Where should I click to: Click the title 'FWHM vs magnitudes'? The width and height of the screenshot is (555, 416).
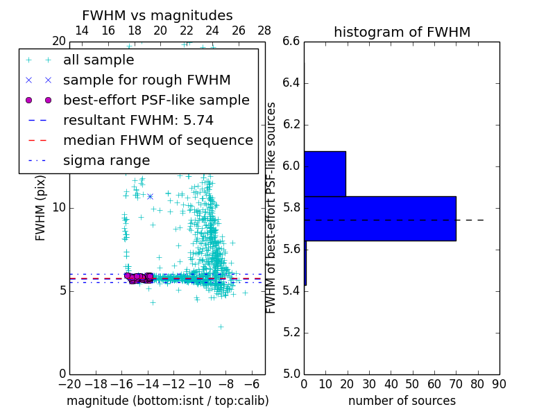coord(157,15)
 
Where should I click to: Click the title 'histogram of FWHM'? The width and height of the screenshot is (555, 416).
coord(402,32)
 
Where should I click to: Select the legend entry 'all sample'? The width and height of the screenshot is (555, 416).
coord(99,60)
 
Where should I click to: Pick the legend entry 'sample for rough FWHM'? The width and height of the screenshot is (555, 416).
coord(146,80)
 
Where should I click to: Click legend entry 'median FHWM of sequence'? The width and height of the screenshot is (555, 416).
coord(157,140)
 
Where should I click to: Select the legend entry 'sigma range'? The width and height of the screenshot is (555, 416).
coord(106,160)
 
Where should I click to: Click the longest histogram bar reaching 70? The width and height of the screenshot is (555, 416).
coord(379,218)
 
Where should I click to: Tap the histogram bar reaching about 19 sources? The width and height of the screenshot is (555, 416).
coord(325,173)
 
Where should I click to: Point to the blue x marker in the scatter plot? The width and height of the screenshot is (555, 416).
coord(150,197)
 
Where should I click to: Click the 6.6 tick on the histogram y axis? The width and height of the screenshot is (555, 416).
coord(291,42)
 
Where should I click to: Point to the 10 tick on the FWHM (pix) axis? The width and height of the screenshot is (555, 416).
coord(58,207)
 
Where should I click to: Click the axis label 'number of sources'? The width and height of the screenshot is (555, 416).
coord(402,401)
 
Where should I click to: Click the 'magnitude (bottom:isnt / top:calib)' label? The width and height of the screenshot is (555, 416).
coord(167,401)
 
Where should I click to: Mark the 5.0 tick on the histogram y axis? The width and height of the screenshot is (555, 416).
coord(291,374)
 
